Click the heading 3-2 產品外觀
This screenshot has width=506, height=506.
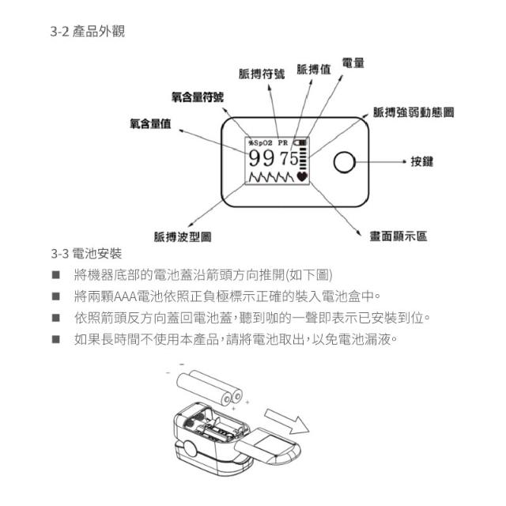(88, 32)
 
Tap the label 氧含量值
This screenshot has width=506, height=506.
(150, 123)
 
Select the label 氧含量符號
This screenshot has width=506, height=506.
(198, 96)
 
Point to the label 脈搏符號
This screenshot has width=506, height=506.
(262, 74)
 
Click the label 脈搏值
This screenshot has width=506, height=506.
(314, 69)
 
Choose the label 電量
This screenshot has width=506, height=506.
(353, 62)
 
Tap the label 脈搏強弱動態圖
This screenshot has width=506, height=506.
(413, 112)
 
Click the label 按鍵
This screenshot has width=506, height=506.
(421, 161)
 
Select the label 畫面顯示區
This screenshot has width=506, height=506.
(398, 236)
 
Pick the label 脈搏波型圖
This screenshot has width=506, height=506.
(183, 237)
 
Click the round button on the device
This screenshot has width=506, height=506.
(345, 162)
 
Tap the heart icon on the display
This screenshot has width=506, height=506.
(302, 176)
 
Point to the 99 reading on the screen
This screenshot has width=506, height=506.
(262, 158)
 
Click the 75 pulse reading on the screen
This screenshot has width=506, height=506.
(289, 158)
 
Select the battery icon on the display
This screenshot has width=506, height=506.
(300, 142)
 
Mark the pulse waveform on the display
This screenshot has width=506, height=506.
(271, 177)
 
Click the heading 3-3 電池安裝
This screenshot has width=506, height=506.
(86, 253)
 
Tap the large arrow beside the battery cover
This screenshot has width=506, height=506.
(286, 421)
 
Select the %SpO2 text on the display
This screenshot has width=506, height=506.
(260, 142)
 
